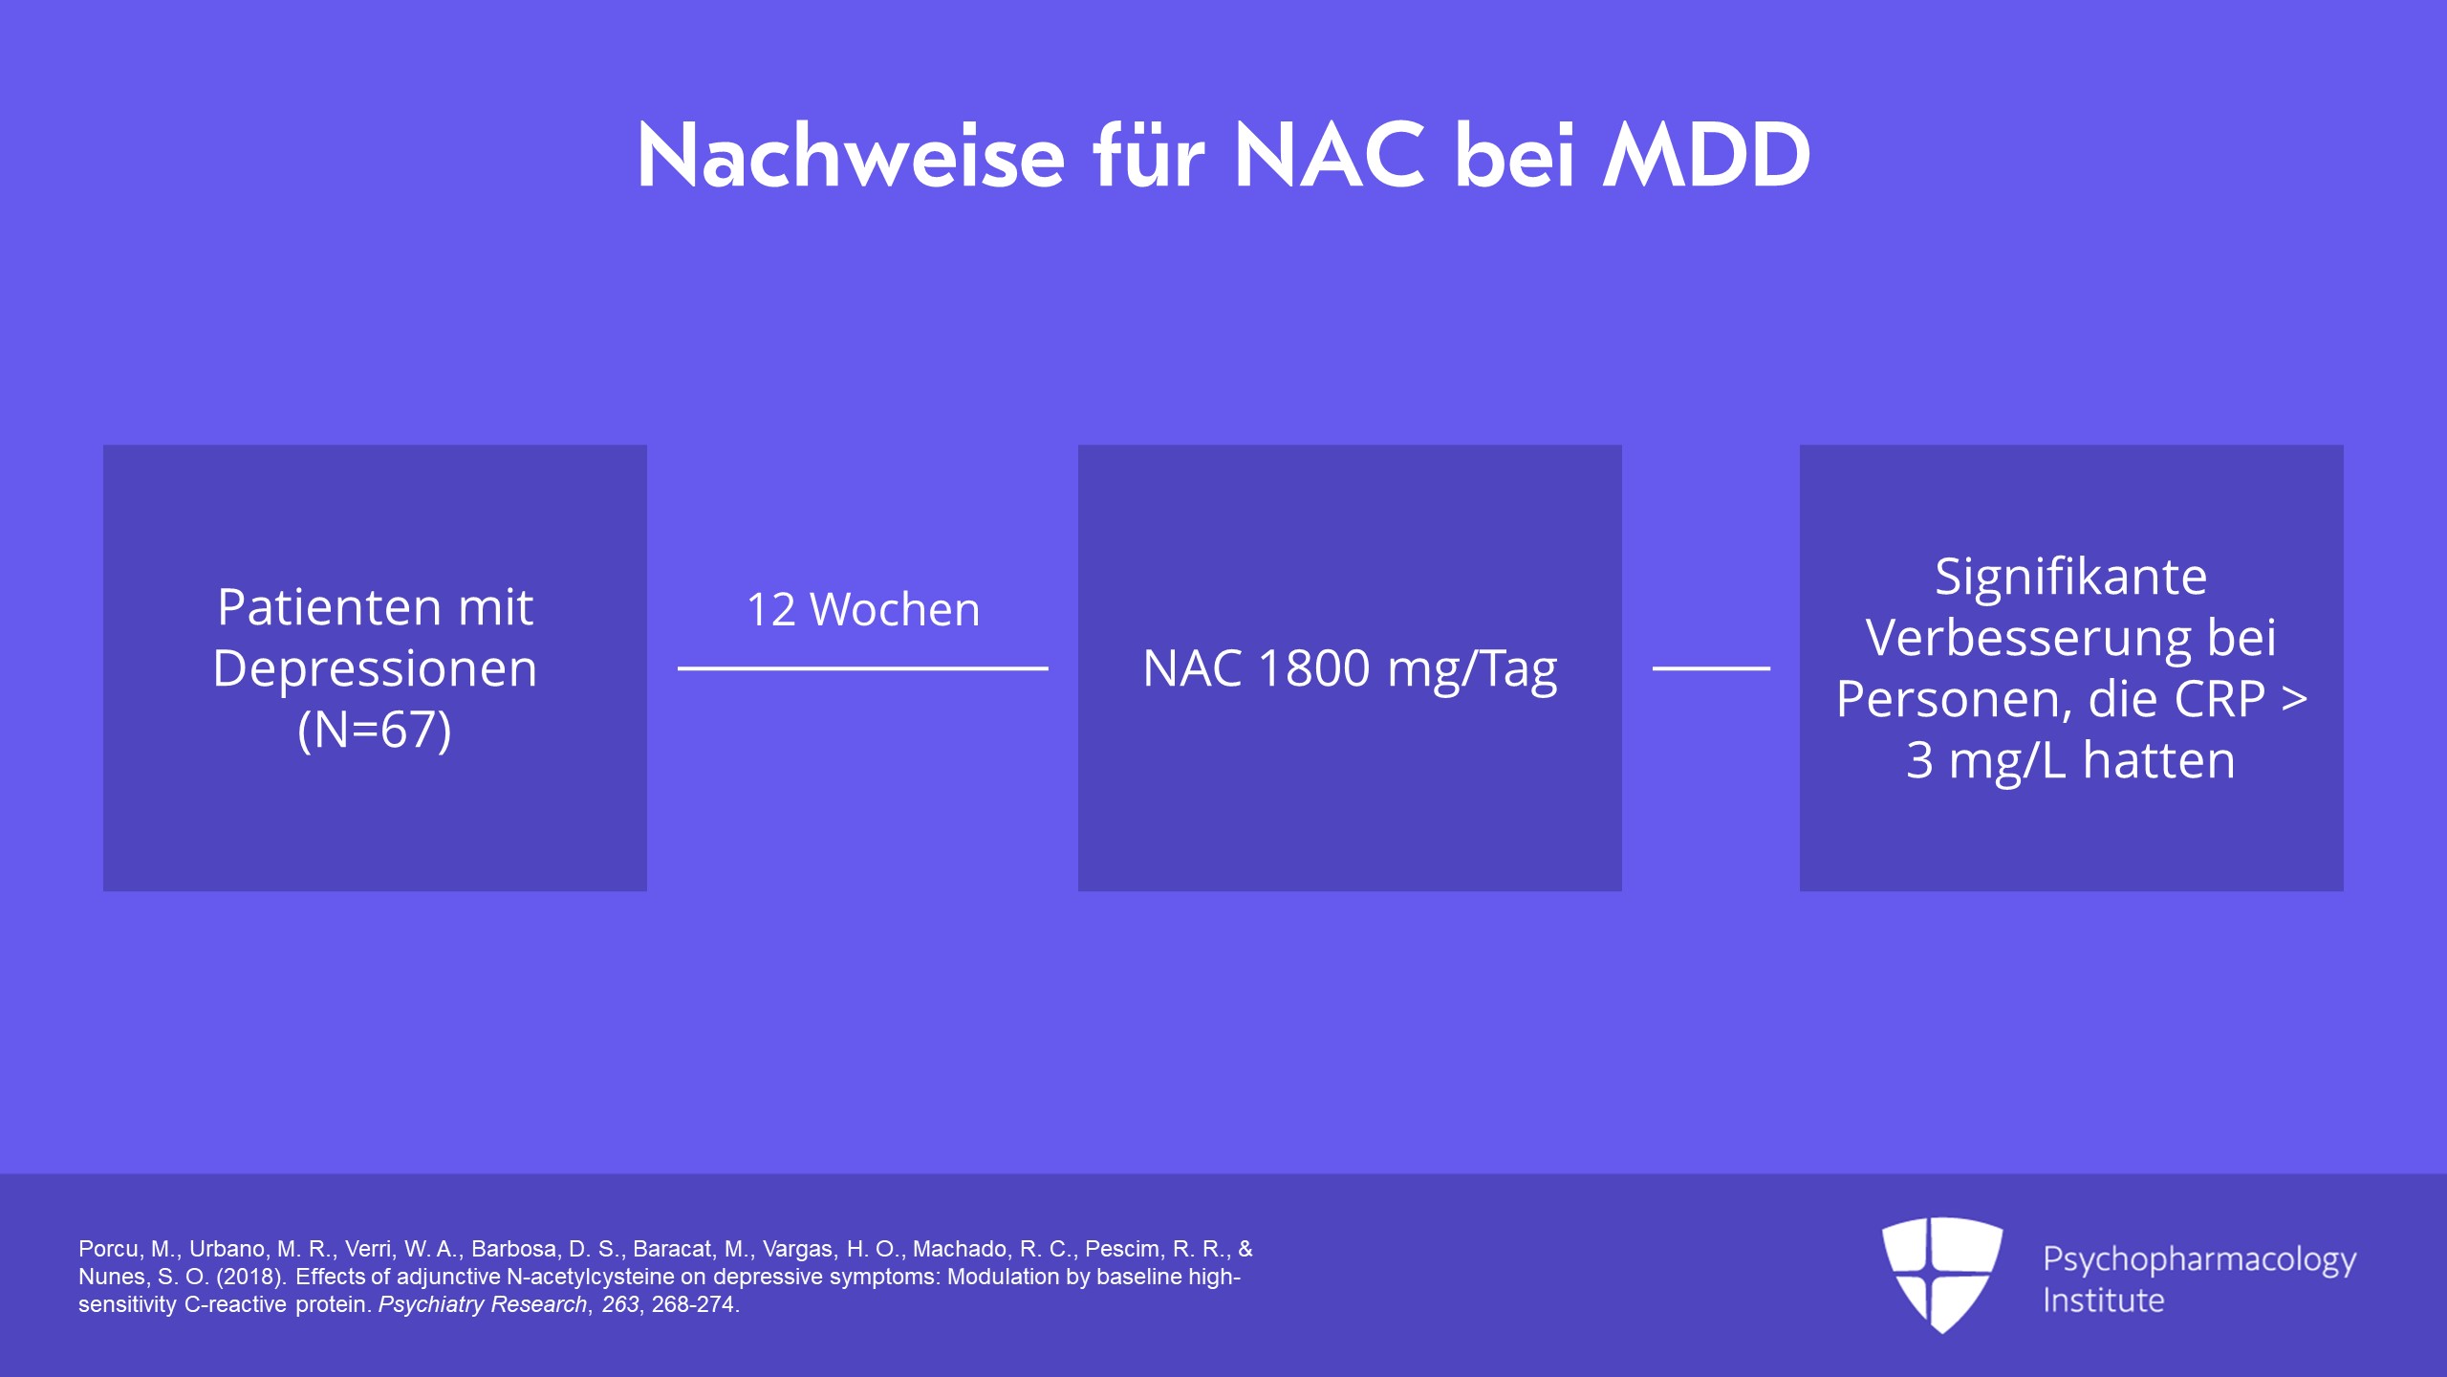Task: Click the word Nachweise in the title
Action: point(851,155)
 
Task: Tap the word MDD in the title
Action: point(1707,155)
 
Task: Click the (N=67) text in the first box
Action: point(375,730)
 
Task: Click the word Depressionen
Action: point(375,669)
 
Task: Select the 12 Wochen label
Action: point(863,609)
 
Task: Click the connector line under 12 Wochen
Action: point(863,668)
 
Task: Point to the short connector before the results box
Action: point(1711,668)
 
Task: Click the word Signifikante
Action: point(2071,578)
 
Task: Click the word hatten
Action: point(2158,760)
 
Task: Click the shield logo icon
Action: point(1942,1274)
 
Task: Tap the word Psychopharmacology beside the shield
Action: point(2199,1260)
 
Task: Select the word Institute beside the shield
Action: point(2104,1300)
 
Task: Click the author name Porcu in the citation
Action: point(111,1249)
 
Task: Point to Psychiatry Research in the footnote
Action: point(483,1304)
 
